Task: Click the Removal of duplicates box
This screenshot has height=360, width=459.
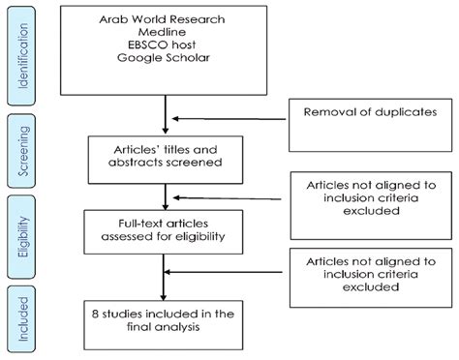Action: tap(369, 124)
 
